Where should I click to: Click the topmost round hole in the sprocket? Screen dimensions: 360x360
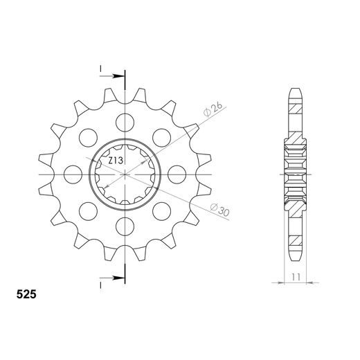click(125, 123)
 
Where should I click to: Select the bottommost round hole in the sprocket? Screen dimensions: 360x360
click(125, 224)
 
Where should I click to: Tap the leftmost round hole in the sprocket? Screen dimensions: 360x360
click(73, 173)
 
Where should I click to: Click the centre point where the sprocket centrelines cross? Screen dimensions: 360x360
click(125, 173)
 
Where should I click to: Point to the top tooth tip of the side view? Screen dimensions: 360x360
click(294, 90)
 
